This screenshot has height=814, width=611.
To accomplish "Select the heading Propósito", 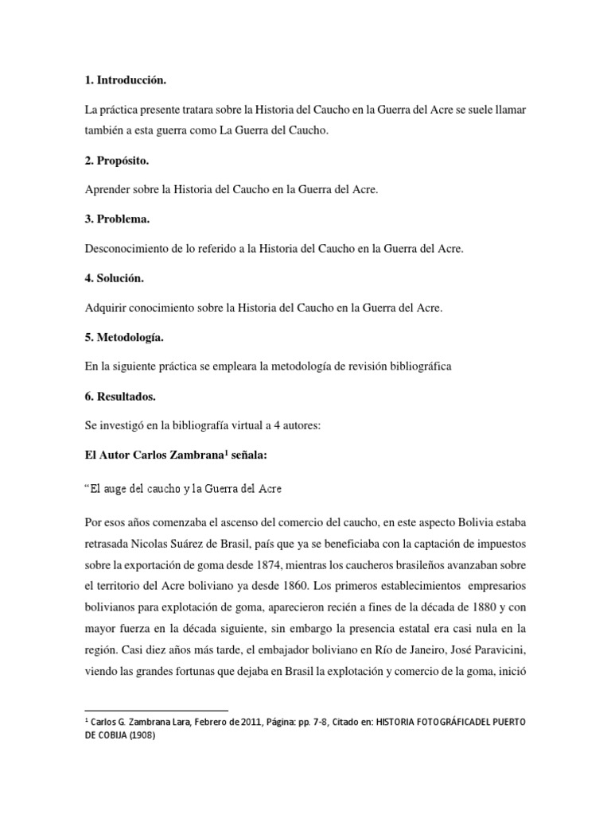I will (123, 161).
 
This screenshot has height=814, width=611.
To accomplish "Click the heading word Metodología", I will (129, 338).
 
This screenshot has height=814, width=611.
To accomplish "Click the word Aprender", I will (107, 189).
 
